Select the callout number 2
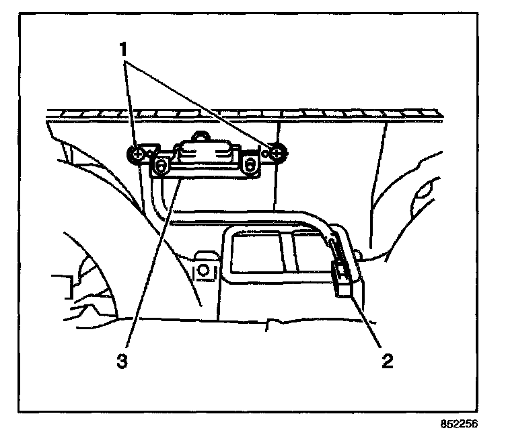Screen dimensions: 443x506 tap(386, 361)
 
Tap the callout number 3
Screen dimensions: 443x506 tap(122, 362)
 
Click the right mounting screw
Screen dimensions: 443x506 tap(277, 154)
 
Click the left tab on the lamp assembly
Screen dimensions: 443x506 tap(161, 164)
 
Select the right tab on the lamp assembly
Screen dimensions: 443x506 tap(251, 164)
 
